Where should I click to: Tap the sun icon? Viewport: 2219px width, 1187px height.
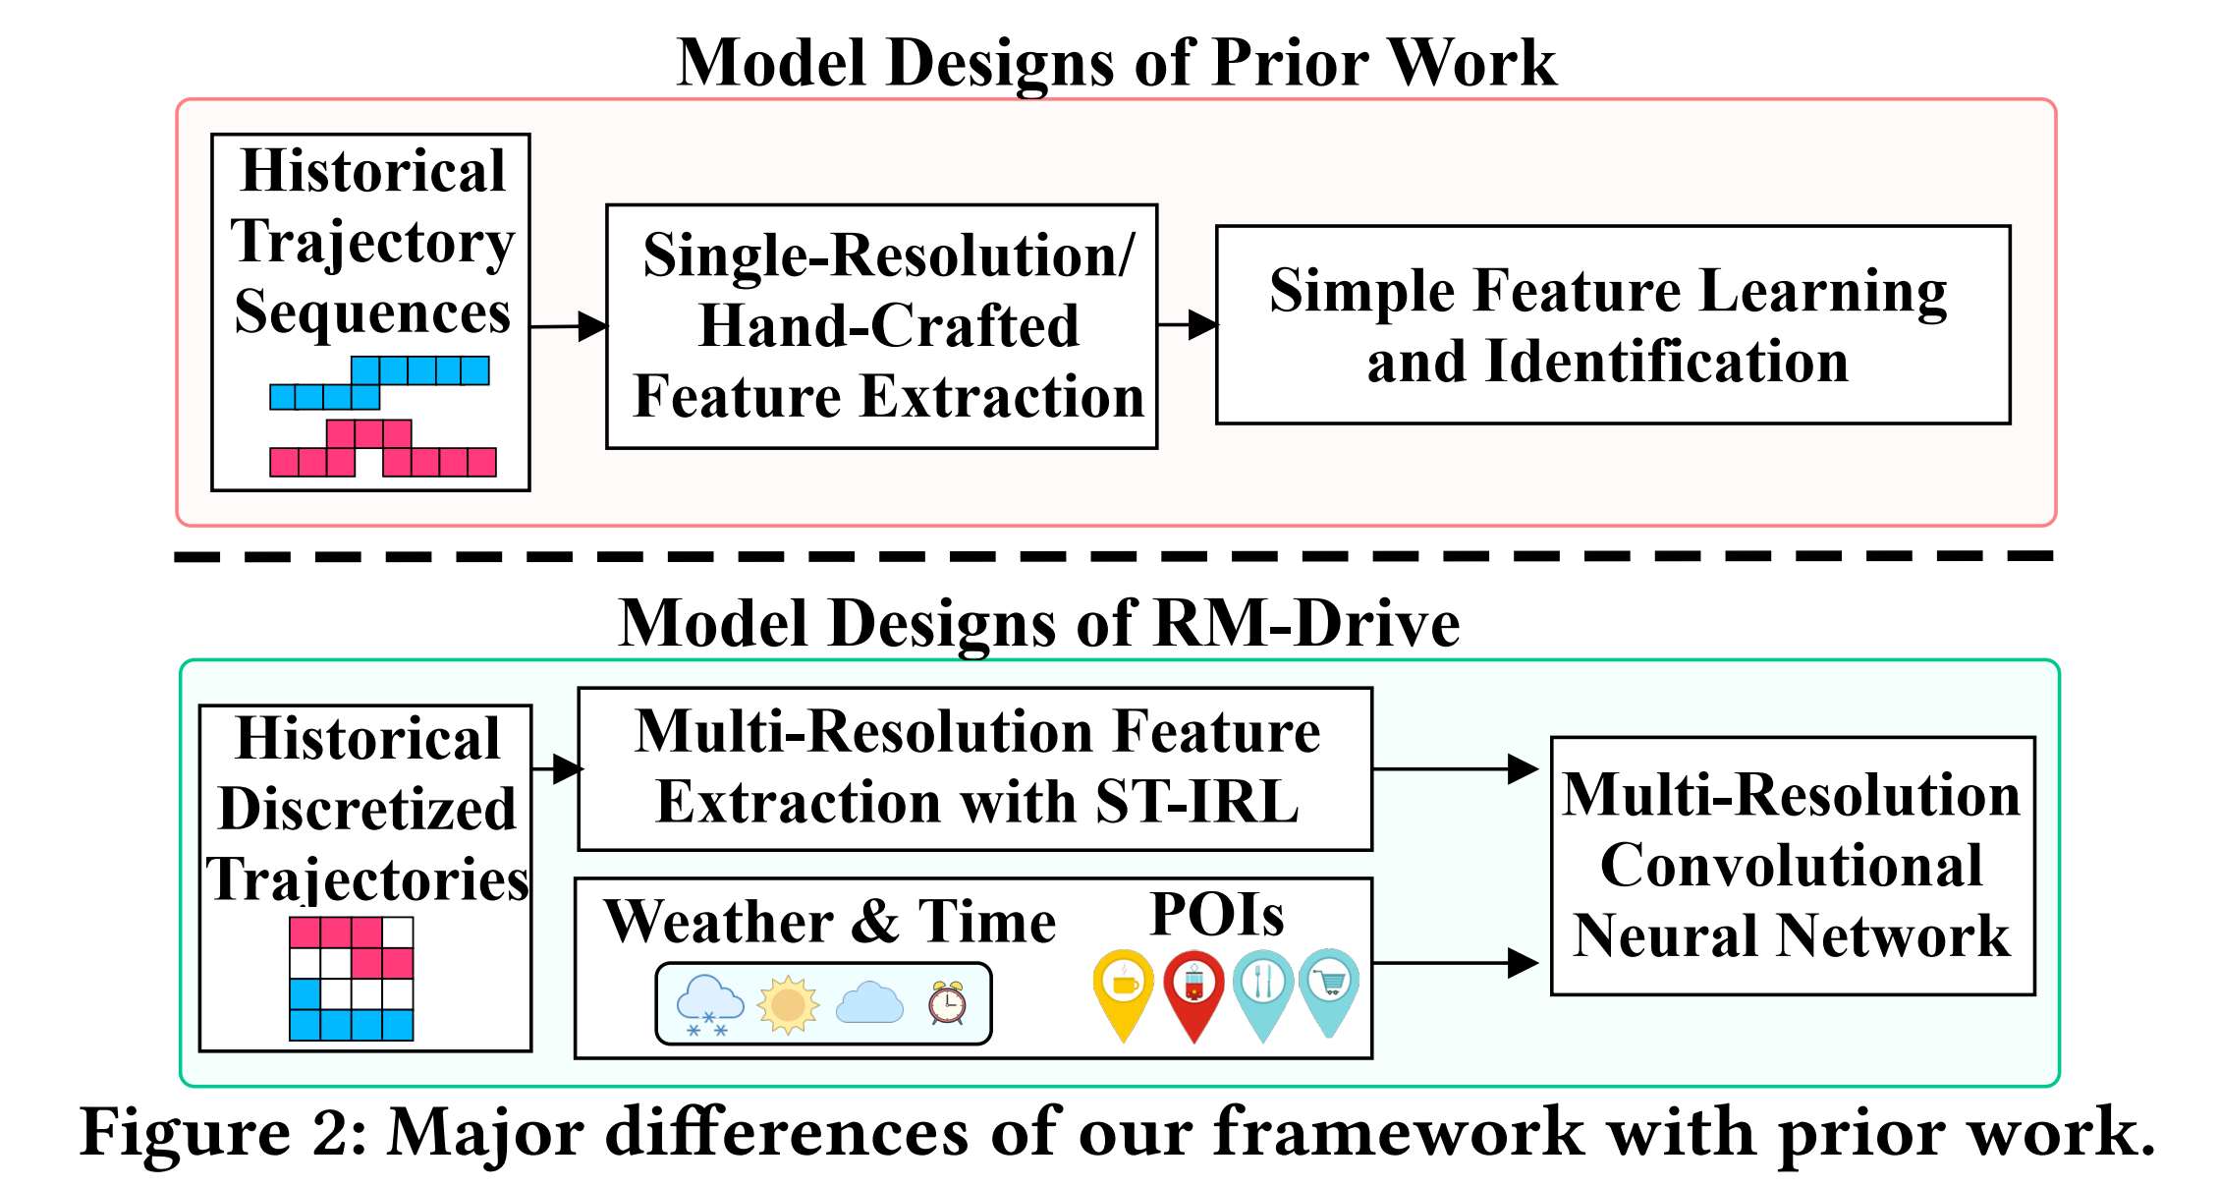(x=788, y=1004)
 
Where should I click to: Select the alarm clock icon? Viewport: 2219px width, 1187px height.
(x=947, y=1003)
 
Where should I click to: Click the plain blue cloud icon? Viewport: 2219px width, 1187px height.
(x=869, y=1003)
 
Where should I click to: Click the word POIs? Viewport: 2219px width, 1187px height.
(x=1217, y=915)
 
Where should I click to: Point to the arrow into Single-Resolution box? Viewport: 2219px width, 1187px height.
(x=570, y=326)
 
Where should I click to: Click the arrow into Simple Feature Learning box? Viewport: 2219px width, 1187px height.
(x=1189, y=324)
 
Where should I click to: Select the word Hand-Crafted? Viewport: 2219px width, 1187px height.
(x=888, y=325)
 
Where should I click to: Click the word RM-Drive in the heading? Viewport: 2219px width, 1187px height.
(x=1305, y=623)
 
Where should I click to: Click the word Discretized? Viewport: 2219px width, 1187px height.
(x=366, y=809)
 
